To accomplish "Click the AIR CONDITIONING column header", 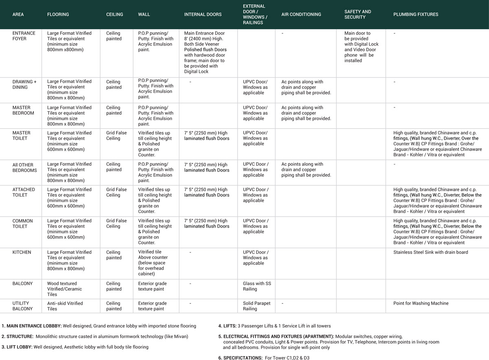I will [x=301, y=14].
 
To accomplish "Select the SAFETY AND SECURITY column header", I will [x=357, y=14].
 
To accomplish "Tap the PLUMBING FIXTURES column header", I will [x=416, y=14].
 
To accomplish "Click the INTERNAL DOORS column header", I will [x=203, y=14].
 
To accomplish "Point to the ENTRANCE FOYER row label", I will [x=24, y=36].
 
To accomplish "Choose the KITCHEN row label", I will [x=22, y=252].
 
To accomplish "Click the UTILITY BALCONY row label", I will [x=23, y=306].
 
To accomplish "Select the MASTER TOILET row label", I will [x=21, y=136].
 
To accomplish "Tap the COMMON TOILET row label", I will [x=23, y=224].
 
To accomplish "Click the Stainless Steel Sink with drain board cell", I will [x=430, y=252].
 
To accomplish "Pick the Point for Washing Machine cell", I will [x=421, y=303].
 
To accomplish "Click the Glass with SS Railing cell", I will [x=257, y=286].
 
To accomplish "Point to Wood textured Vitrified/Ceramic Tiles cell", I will [x=64, y=289].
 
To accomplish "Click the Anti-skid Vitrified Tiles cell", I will [x=65, y=306].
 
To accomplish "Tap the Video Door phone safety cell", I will [x=361, y=47].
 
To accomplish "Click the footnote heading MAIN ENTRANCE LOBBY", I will [x=31, y=326].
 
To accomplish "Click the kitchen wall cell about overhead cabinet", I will [x=152, y=263].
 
